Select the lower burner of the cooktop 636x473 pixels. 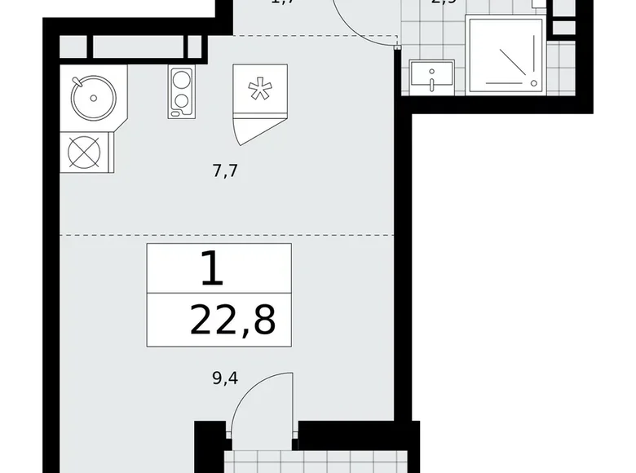coord(182,103)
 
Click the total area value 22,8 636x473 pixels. coord(232,320)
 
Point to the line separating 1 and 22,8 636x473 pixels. coord(219,292)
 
